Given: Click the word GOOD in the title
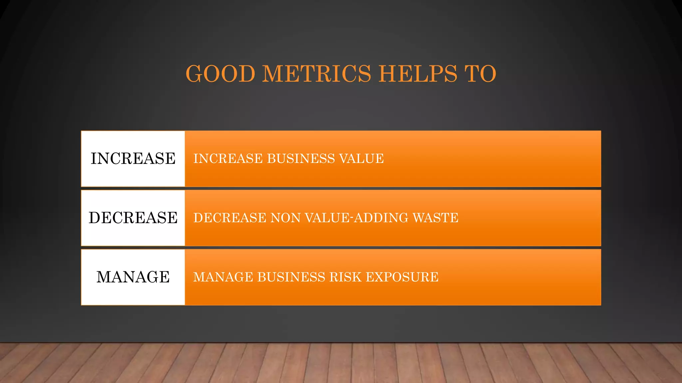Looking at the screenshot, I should [x=220, y=73].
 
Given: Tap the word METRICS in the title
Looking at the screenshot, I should [x=316, y=73].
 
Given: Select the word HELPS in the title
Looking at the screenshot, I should [x=418, y=73].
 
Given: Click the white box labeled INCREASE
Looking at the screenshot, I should [x=133, y=159].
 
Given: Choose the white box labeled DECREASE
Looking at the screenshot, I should [x=133, y=218].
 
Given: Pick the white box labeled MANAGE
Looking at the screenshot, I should [x=133, y=277].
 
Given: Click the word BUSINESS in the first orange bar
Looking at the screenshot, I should [x=301, y=159].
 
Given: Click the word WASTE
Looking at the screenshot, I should [x=436, y=218].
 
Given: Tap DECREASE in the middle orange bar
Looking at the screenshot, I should [x=230, y=218].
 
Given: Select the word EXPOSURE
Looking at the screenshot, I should [x=402, y=277].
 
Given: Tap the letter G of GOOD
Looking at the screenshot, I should [x=195, y=73].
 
